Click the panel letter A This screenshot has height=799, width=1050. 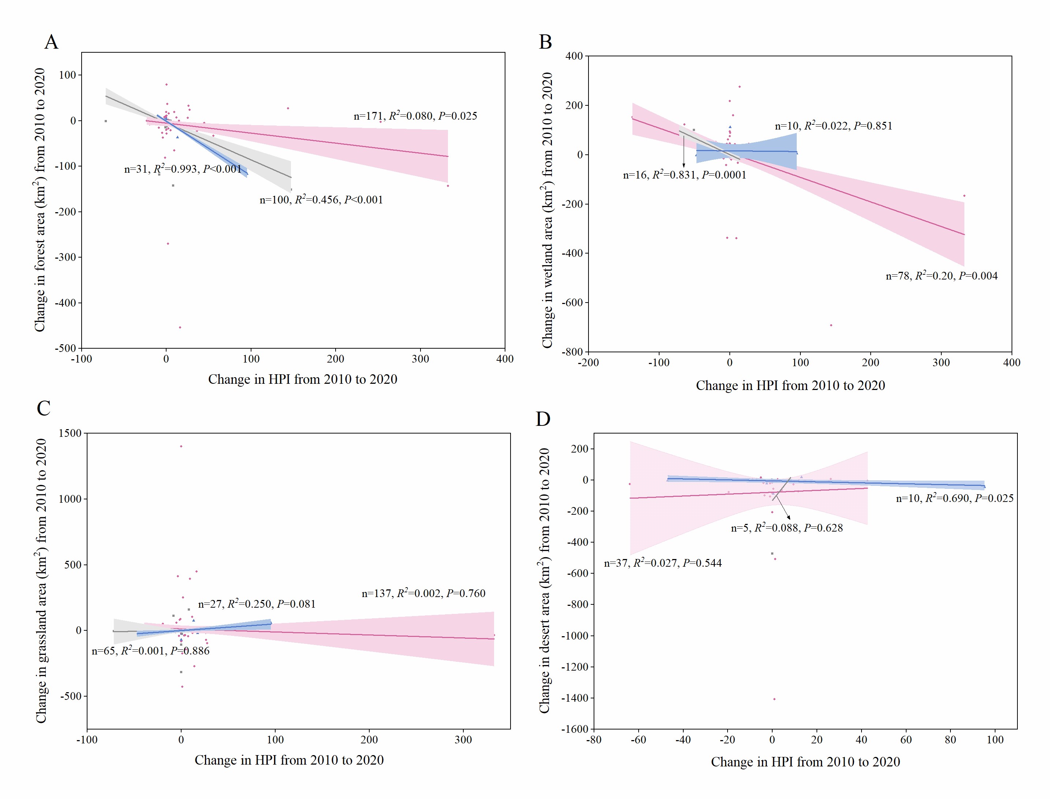(x=51, y=42)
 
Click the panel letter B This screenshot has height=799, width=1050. (x=545, y=42)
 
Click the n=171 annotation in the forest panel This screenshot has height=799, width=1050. (x=415, y=116)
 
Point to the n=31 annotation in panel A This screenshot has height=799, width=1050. (x=183, y=169)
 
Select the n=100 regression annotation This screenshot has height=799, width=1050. (x=321, y=200)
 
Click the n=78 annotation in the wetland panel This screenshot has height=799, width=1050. (x=941, y=276)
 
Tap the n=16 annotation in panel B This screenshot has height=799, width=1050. (x=684, y=175)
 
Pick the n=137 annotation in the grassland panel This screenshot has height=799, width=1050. (x=423, y=593)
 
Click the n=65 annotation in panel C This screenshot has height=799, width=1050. (x=150, y=651)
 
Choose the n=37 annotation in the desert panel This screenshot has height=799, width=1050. (x=663, y=563)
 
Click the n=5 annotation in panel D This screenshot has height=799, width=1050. (x=786, y=528)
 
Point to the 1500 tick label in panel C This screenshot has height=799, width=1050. (x=70, y=433)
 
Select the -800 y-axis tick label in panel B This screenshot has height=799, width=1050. (x=572, y=352)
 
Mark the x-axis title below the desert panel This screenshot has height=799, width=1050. (x=805, y=762)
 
